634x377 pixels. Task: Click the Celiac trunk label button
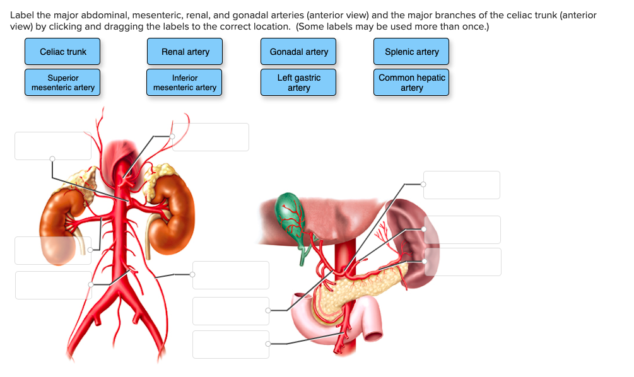point(62,52)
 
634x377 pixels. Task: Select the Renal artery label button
point(185,52)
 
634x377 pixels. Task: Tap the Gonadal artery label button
point(298,52)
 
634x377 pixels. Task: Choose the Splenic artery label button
point(411,52)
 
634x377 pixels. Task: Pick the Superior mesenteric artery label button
point(62,83)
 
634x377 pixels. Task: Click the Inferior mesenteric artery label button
point(185,83)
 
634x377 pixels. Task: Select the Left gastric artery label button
point(298,83)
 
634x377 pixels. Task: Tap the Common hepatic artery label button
point(411,83)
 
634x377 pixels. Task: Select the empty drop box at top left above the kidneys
point(53,146)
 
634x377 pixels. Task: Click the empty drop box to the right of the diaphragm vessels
point(211,137)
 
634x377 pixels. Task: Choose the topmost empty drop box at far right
point(461,185)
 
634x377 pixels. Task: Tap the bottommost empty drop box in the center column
point(231,344)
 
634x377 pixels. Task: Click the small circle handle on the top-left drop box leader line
point(52,159)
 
